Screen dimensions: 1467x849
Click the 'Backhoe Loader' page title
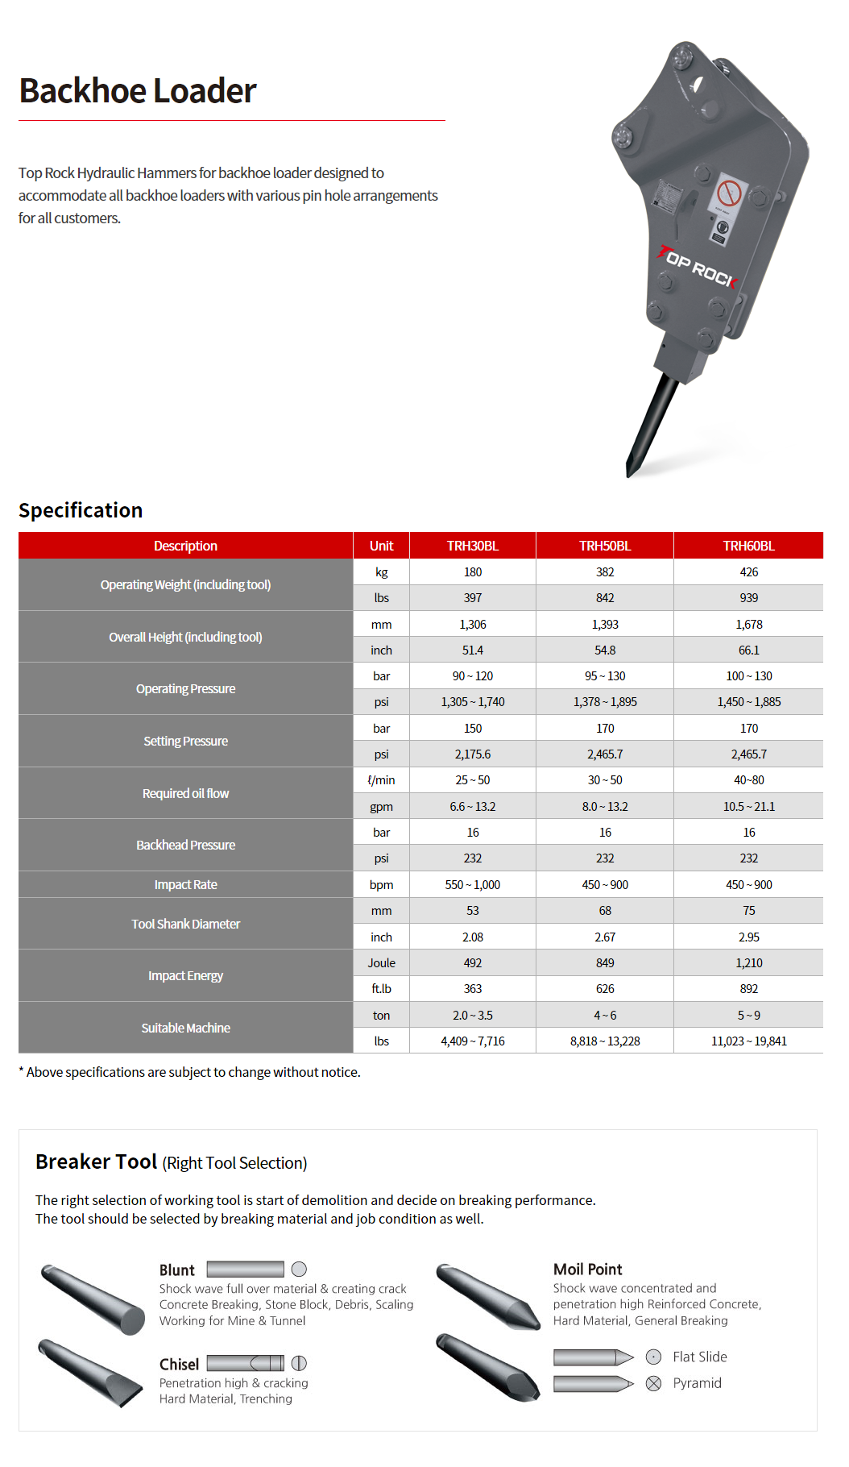[138, 91]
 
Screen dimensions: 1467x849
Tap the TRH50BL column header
[605, 546]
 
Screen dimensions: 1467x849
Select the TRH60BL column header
[748, 546]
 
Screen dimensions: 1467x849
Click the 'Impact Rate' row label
[185, 884]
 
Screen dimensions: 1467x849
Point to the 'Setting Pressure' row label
[185, 741]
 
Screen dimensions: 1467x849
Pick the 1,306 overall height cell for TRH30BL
[473, 624]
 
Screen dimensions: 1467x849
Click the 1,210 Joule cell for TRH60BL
[748, 962]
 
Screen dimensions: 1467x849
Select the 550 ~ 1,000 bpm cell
[473, 884]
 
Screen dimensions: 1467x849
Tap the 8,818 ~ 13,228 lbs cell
[605, 1041]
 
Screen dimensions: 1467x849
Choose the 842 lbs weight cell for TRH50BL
[605, 598]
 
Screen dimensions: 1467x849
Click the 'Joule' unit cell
[381, 962]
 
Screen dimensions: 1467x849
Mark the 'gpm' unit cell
[381, 806]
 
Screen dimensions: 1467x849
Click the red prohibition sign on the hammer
[729, 193]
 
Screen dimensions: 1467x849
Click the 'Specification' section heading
[81, 510]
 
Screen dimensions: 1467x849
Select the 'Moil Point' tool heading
[587, 1269]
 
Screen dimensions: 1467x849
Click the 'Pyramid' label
[697, 1382]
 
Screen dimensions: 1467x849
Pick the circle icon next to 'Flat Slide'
[654, 1357]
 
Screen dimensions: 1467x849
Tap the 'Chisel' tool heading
[179, 1364]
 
